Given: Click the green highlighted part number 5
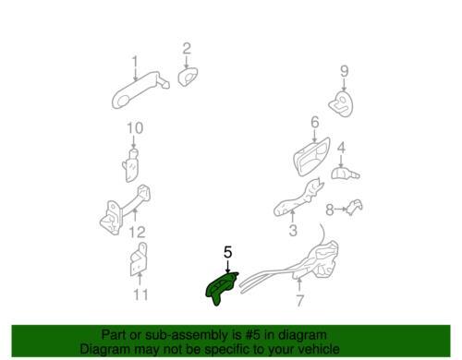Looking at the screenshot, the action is [x=221, y=289].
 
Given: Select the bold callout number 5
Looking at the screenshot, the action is [x=227, y=252].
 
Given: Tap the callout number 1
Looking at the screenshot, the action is [x=135, y=63].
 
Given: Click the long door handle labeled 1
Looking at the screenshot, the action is [x=139, y=90].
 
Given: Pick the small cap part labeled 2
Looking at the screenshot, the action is [x=188, y=77].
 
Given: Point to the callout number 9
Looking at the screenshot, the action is [x=345, y=71].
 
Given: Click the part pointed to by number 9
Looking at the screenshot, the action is [x=341, y=103].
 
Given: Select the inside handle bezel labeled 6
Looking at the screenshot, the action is [x=311, y=156].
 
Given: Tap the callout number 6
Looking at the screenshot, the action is [x=315, y=123].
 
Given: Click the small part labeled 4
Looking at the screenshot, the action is [x=345, y=174].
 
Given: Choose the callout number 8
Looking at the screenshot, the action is [x=330, y=210].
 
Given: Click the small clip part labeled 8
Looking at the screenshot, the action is [x=355, y=207].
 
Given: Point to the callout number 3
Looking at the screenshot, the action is [x=293, y=230].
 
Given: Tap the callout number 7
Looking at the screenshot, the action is [x=299, y=301].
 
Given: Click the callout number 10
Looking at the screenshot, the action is [x=135, y=128].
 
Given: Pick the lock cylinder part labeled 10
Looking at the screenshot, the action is [x=131, y=165].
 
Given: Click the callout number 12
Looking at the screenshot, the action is [x=137, y=233].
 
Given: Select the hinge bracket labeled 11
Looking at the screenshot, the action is [x=138, y=259].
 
